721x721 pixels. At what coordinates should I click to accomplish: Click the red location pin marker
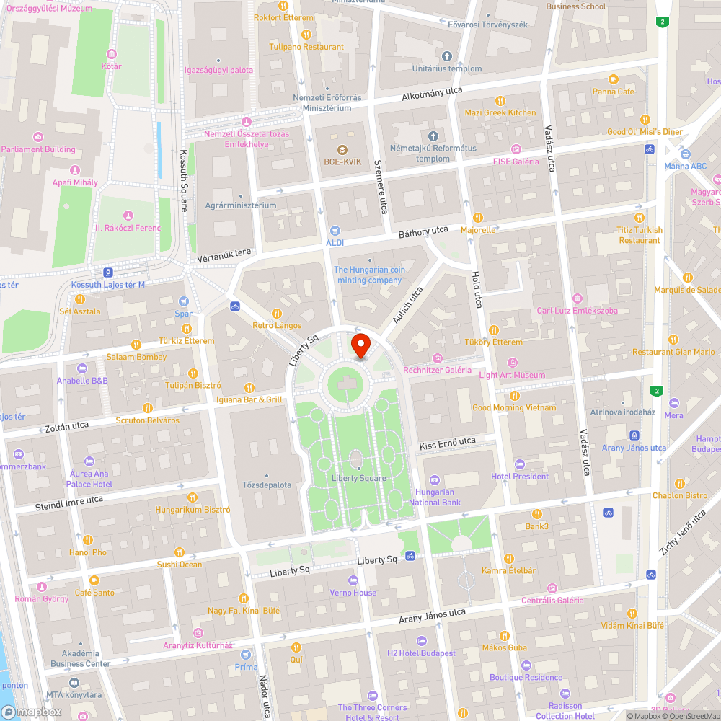click(360, 345)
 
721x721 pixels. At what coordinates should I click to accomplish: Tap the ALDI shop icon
click(335, 231)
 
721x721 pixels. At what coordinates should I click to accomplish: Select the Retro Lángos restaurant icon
click(277, 314)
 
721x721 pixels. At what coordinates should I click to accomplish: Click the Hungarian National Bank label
click(435, 497)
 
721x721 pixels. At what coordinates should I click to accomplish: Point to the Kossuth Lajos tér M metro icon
click(108, 273)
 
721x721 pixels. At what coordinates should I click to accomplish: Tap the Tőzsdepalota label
click(267, 485)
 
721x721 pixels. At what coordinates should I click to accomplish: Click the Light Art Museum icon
click(513, 363)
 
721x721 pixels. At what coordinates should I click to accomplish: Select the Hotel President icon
click(520, 464)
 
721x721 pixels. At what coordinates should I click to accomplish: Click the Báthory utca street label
click(423, 232)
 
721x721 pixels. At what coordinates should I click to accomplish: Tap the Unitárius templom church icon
click(446, 56)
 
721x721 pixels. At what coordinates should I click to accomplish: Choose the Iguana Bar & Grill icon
click(249, 388)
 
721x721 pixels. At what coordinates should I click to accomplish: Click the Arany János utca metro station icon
click(634, 435)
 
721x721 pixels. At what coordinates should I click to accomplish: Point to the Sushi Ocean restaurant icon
click(180, 552)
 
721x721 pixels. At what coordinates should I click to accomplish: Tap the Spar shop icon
click(184, 301)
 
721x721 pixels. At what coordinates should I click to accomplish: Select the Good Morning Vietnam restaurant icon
click(514, 396)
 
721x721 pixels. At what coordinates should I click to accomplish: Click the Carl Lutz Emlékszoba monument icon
click(577, 298)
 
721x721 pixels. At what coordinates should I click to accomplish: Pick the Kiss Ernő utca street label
click(448, 443)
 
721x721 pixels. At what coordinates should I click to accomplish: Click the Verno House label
click(353, 593)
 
